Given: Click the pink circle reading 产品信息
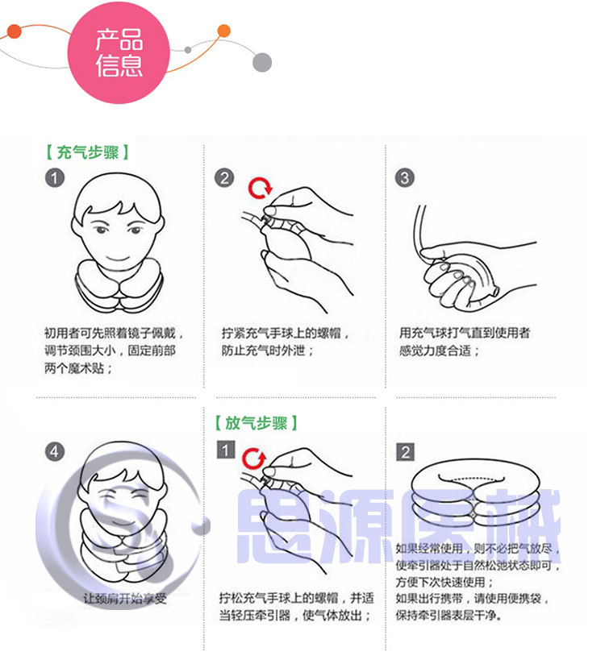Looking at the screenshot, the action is pyautogui.click(x=119, y=52).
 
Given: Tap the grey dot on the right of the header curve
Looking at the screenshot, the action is pyautogui.click(x=262, y=63).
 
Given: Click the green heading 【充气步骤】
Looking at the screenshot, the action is pyautogui.click(x=87, y=152).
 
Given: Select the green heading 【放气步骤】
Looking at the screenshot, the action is pyautogui.click(x=256, y=423).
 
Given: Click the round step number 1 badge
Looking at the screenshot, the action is pyautogui.click(x=55, y=178).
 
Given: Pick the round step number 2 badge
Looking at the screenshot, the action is pyautogui.click(x=224, y=178).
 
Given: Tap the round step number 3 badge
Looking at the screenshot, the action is pyautogui.click(x=404, y=178).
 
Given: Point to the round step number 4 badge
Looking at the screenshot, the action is pyautogui.click(x=55, y=451).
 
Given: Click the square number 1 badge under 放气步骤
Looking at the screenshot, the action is pyautogui.click(x=226, y=450).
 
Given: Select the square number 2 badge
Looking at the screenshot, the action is pyautogui.click(x=405, y=452).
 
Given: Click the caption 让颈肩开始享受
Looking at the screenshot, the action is pyautogui.click(x=125, y=599).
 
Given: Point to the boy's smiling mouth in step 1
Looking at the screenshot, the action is pyautogui.click(x=118, y=258).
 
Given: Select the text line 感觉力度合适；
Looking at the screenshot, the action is pyautogui.click(x=439, y=351).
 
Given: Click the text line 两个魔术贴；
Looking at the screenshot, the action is pyautogui.click(x=78, y=368).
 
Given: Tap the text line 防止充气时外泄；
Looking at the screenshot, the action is pyautogui.click(x=268, y=351).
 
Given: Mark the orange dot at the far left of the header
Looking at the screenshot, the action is pyautogui.click(x=14, y=31).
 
